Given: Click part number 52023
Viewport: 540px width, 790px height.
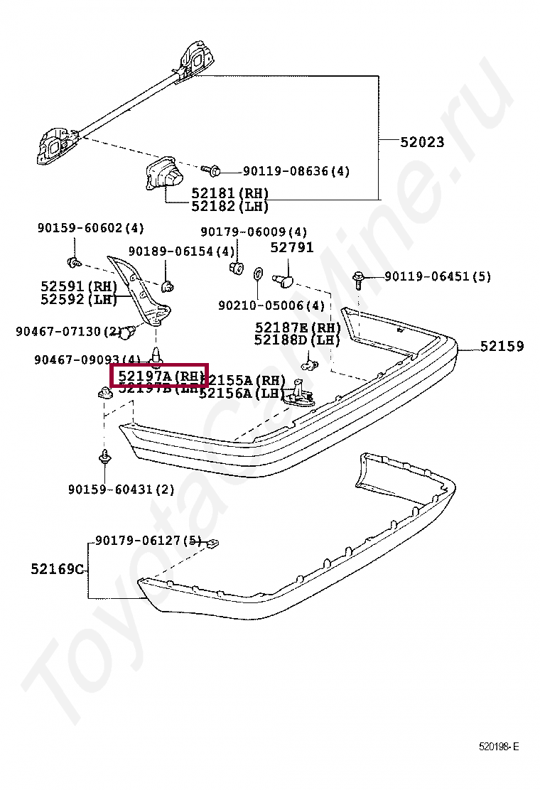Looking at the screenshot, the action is coord(422,142).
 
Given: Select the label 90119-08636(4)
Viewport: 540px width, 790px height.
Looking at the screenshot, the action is coord(296,171).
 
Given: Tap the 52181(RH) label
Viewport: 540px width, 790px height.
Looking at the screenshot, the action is coord(229,193).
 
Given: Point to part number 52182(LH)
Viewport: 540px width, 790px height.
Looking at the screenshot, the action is coord(229,206).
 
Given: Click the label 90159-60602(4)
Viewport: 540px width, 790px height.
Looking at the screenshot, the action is coord(90,228).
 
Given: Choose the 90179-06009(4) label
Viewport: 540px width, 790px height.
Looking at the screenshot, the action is coord(254,232).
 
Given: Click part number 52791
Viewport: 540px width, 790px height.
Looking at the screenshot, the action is coord(291,248).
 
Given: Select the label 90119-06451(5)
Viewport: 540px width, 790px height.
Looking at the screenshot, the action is coord(438,276).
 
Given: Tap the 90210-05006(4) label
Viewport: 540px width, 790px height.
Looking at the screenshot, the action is coord(271,305).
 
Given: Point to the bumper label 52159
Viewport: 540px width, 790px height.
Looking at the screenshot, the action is coord(502,347).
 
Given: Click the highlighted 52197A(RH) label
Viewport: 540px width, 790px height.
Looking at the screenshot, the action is coord(159,375).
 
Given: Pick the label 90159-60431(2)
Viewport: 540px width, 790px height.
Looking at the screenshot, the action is coord(121,489).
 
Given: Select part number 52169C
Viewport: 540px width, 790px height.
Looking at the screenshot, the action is coord(58,569).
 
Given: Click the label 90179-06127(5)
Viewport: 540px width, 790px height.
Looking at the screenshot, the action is coord(148,541).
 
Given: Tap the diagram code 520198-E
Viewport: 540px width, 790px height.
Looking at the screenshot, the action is coord(498,747).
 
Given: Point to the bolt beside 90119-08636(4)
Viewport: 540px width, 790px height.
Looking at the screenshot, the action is coord(212,171).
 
